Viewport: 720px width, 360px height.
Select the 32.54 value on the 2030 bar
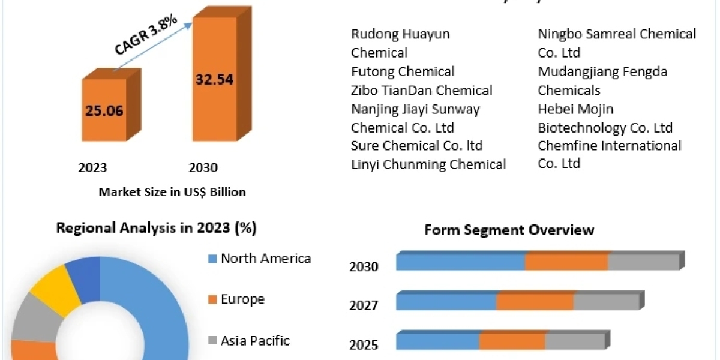tap(214, 79)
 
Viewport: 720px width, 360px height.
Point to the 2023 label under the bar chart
tap(92, 168)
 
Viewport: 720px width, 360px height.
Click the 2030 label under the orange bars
tap(203, 168)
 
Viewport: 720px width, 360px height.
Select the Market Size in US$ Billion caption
tap(172, 192)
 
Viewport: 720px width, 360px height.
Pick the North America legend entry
tap(265, 259)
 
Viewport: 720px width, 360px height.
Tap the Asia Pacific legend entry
tap(254, 341)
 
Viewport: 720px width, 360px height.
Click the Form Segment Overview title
tap(509, 230)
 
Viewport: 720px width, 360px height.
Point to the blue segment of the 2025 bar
tap(437, 341)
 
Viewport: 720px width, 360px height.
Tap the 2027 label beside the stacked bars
tap(364, 305)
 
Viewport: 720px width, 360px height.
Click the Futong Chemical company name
tap(403, 71)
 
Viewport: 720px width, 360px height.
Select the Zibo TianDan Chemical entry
tap(422, 90)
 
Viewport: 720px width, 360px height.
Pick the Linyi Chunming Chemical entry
tap(428, 164)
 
